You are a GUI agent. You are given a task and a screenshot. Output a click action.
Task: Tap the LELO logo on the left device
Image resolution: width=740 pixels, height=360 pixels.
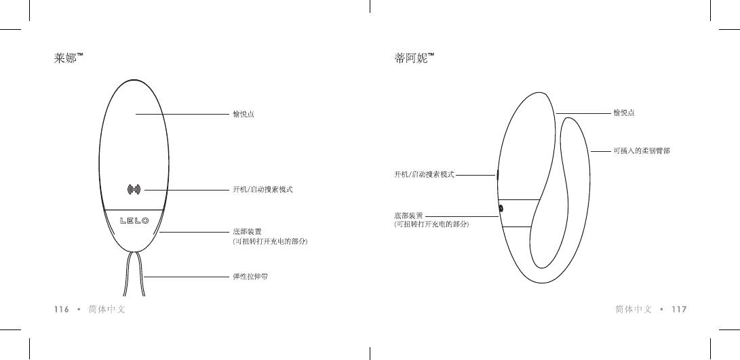[134, 220]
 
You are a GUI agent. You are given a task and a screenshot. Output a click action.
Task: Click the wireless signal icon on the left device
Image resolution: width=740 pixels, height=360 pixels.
[134, 189]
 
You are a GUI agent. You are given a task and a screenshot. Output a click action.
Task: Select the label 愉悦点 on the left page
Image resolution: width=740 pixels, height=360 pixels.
[244, 114]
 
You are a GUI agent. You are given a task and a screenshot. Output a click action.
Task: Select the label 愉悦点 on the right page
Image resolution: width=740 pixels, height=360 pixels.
[623, 112]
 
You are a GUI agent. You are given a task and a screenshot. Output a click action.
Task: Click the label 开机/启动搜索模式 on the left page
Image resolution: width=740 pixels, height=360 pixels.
[262, 189]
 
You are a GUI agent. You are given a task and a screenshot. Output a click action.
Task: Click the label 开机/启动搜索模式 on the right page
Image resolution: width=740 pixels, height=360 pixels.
[424, 174]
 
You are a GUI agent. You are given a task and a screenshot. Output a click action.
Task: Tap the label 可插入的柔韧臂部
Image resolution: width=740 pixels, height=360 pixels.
[642, 151]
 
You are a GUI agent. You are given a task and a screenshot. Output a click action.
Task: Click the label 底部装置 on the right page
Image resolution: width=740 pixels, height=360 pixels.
[409, 215]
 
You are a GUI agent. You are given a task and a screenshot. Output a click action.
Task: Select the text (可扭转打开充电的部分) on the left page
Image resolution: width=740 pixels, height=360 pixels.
[270, 241]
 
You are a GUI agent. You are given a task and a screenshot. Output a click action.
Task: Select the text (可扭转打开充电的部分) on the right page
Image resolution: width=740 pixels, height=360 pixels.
[432, 223]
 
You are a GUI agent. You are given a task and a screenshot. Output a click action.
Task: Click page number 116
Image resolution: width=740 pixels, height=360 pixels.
[62, 309]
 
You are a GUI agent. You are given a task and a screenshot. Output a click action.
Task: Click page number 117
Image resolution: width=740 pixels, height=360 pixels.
[679, 309]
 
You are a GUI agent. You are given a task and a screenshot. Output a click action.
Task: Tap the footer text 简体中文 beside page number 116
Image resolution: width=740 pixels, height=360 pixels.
[107, 309]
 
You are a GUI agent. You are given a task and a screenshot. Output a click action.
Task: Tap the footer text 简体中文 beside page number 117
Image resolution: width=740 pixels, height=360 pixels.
[634, 309]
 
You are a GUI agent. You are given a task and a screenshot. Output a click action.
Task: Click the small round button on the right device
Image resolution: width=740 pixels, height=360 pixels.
[501, 209]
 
